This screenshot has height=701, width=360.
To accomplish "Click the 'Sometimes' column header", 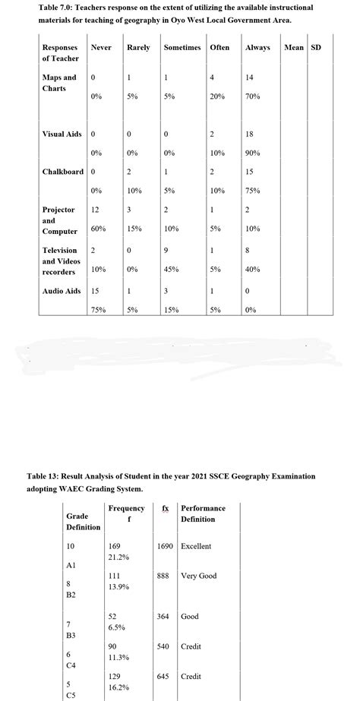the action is [x=182, y=48].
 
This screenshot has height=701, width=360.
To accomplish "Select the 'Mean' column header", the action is [x=293, y=48].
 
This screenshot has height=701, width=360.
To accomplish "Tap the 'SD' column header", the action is [x=316, y=48].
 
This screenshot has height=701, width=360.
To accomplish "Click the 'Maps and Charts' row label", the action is [x=58, y=83].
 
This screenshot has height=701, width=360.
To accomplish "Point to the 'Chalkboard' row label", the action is [x=62, y=171].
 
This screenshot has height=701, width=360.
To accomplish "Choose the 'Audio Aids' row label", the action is [x=61, y=291].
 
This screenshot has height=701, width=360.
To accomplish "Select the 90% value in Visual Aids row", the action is [x=253, y=153].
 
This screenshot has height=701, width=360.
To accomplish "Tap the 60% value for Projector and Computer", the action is [x=98, y=228].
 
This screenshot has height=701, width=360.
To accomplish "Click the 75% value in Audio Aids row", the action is [x=98, y=310].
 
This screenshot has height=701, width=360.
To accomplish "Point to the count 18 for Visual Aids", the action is [x=251, y=134].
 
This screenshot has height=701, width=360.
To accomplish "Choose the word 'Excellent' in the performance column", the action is [x=196, y=546].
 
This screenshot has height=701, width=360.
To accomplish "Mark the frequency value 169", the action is [x=115, y=546].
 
